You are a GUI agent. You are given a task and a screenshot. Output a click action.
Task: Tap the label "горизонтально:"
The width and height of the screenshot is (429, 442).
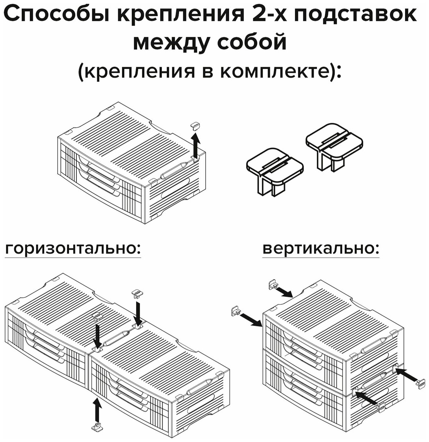point(73,249)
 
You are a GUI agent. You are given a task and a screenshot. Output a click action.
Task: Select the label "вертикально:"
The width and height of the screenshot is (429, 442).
point(320,249)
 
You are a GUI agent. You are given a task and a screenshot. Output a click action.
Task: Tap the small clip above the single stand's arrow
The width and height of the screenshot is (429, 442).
point(195,126)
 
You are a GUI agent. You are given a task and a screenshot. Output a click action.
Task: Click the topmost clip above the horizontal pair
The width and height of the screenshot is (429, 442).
point(137,293)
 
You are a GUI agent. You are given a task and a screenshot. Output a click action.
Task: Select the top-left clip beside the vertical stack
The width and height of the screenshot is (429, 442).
point(273,284)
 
